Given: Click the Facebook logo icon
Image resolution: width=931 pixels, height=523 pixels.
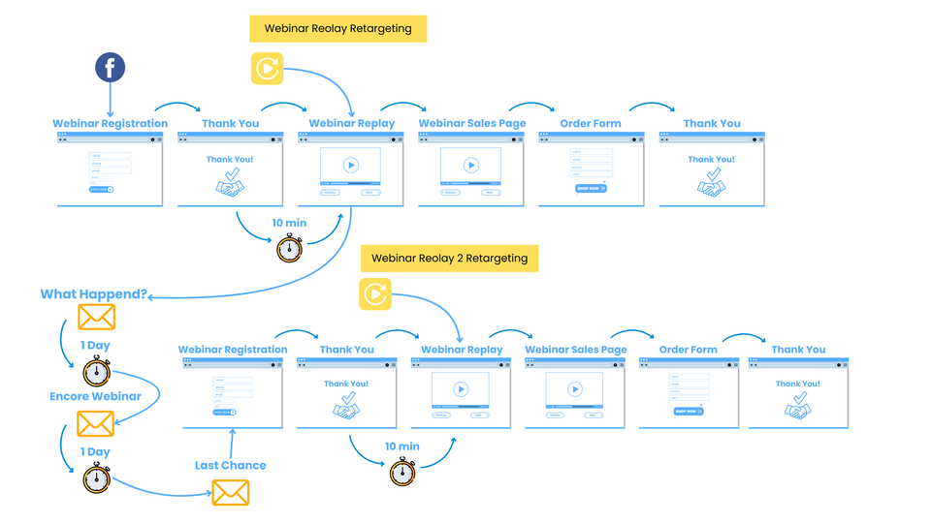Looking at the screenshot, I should point(110,68).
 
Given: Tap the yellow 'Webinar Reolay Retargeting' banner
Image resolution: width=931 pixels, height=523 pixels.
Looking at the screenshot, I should point(337,29).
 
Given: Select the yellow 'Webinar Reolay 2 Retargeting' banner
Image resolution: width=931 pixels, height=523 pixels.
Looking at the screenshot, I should point(449,259).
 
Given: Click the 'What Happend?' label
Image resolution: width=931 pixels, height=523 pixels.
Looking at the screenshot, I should point(94,294).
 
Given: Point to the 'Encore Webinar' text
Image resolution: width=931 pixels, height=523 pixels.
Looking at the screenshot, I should point(95,396).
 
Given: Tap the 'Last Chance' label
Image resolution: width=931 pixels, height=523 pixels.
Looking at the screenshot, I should point(230,465).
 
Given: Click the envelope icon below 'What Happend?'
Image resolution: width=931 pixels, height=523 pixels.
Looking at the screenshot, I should point(96,317).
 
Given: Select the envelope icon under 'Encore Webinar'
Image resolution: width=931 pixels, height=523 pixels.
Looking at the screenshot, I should point(95,423).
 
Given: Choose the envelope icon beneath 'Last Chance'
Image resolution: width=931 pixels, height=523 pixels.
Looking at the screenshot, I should point(230,492).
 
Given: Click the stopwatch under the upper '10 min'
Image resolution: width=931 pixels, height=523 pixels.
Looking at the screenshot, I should point(289,248).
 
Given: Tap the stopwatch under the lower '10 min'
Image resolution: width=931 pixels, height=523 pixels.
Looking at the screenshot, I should point(402,472).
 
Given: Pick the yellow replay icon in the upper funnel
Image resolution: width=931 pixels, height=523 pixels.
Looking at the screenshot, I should point(267,69).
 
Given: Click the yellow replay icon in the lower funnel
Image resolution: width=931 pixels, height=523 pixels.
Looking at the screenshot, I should point(375,294).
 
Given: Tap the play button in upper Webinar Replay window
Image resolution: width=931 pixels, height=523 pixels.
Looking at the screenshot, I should point(350,165).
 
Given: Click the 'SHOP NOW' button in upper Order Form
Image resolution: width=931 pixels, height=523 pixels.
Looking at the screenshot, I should point(591,188).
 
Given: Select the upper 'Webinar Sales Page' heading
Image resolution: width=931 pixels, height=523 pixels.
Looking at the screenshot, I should point(472,123).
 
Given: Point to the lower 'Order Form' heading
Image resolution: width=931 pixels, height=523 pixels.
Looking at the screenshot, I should point(688,350).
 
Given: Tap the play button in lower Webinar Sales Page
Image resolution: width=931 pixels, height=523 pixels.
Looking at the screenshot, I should point(574,389).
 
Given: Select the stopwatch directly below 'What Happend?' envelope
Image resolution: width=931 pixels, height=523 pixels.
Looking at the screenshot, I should point(96,372).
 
